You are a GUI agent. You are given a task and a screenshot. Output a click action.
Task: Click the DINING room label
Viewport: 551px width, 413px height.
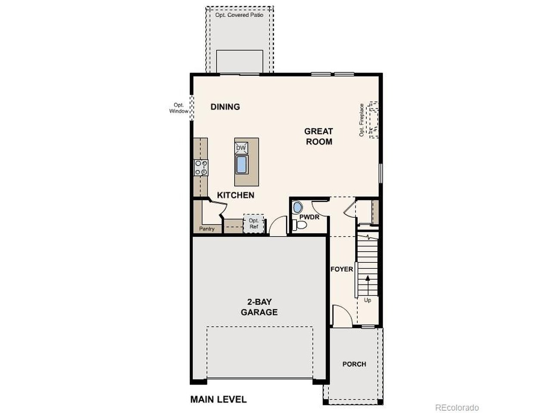(x=225, y=107)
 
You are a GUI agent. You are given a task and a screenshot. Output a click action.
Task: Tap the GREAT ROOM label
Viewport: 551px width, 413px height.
(x=319, y=136)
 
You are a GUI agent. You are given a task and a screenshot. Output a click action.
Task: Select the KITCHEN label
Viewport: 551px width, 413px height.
(x=235, y=195)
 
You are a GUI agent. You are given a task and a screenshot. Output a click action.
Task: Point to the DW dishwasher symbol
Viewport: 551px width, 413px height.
(x=241, y=148)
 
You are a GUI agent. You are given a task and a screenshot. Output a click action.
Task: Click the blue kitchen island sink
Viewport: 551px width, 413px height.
(x=241, y=164)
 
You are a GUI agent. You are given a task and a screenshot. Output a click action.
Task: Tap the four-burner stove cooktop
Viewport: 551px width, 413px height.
(x=201, y=167)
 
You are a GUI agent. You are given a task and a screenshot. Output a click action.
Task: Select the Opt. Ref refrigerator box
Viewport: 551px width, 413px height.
(x=254, y=223)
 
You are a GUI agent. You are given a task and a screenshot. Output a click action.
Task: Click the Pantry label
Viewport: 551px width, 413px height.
(x=207, y=229)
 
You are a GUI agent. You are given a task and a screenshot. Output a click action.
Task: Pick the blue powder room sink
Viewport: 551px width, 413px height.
(x=297, y=207)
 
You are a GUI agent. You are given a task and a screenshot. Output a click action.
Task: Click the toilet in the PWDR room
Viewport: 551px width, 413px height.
(x=300, y=225)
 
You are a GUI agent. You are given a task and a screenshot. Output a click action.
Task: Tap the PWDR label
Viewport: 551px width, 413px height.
(x=309, y=217)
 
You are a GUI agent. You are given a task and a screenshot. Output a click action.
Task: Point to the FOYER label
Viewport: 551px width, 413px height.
(x=342, y=269)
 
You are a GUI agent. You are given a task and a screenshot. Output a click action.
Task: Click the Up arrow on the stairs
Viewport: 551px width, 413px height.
(x=368, y=285)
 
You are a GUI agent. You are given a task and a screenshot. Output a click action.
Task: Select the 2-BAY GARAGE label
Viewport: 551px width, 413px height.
(x=259, y=307)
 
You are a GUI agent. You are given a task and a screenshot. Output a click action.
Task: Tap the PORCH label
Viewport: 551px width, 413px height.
(x=354, y=364)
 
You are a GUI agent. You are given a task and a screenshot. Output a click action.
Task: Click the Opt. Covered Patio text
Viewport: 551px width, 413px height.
(x=239, y=15)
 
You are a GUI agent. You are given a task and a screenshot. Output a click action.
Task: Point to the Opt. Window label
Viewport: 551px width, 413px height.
(x=179, y=108)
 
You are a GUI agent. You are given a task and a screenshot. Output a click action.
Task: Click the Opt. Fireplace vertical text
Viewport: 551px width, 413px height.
(x=362, y=120)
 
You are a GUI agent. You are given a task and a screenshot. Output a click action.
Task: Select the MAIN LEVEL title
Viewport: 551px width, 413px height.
(x=218, y=399)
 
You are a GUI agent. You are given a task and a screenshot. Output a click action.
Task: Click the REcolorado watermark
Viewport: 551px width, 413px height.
(x=457, y=407)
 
